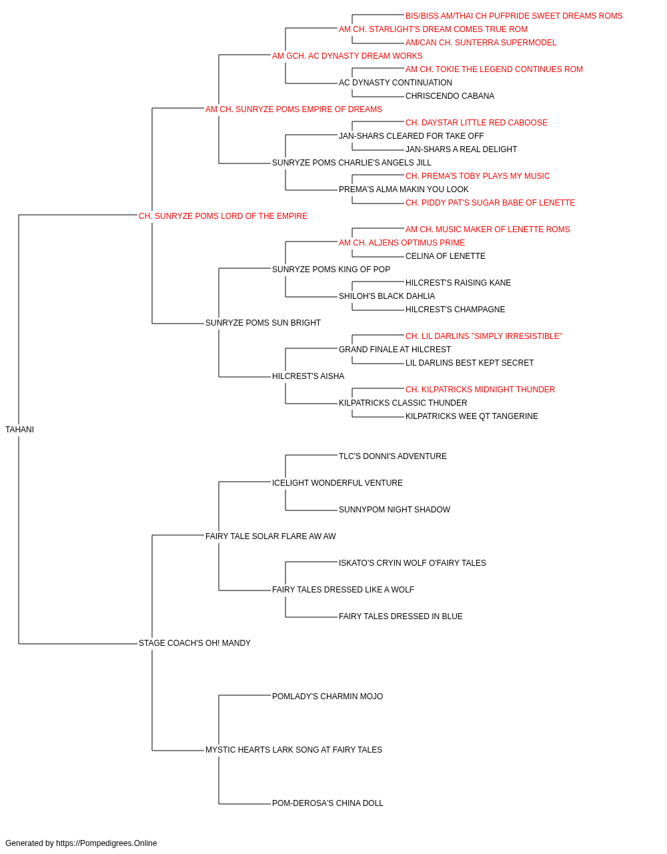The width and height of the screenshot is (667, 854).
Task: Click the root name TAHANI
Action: [x=19, y=430]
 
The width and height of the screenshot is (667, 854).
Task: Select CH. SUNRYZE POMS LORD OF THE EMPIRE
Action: [x=223, y=216]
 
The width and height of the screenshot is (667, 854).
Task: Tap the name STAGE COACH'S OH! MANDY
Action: [x=195, y=643]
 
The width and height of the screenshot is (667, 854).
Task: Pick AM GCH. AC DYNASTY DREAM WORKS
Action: [x=348, y=56]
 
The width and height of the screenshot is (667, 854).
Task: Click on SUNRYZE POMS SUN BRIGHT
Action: [x=263, y=323]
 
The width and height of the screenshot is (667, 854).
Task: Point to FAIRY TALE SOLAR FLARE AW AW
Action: [x=270, y=536]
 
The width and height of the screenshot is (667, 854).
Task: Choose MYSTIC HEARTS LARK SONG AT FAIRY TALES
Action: [x=293, y=750]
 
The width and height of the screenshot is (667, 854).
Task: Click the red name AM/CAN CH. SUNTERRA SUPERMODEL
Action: [x=481, y=43]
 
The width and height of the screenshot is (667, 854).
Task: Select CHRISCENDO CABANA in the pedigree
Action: [x=450, y=96]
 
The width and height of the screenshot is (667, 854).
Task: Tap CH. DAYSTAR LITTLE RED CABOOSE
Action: [x=476, y=123]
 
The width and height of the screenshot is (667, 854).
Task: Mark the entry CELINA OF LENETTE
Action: [x=446, y=256]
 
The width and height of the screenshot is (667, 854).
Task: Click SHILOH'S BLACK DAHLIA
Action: [x=387, y=296]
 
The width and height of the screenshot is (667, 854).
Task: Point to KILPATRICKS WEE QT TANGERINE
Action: [x=472, y=416]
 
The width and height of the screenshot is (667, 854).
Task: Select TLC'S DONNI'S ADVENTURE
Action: [x=393, y=456]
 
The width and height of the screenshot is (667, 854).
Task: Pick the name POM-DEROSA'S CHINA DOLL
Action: [x=327, y=803]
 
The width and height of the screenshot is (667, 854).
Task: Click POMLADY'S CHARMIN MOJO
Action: [x=327, y=697]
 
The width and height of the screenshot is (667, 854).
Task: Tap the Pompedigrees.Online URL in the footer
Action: [x=107, y=843]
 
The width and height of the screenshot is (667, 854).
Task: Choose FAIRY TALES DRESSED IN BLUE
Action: [x=401, y=616]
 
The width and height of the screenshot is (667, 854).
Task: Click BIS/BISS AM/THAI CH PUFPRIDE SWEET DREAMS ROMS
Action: [x=514, y=16]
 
